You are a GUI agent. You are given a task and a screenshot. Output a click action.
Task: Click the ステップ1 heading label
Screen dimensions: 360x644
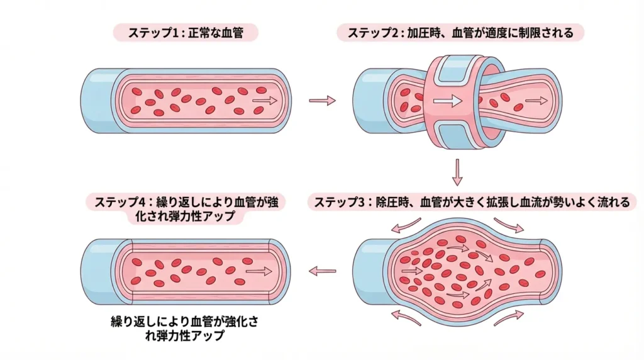point(186,32)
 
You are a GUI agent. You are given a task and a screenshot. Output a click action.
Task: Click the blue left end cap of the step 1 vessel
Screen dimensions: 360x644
point(97,101)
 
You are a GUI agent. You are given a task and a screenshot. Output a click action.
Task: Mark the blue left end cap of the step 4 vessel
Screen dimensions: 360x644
point(97,271)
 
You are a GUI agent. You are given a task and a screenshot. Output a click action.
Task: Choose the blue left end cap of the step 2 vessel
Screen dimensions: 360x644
point(367,101)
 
